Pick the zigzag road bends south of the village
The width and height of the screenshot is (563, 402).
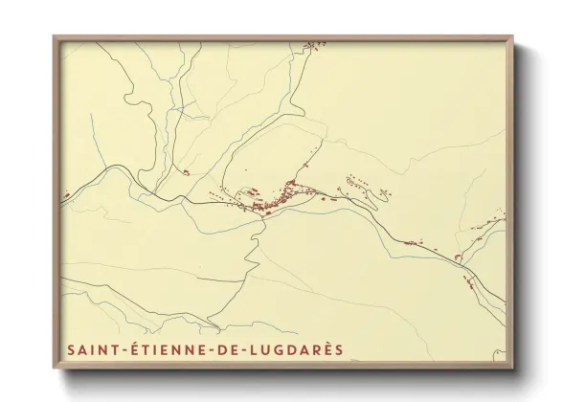pos(252,244)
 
